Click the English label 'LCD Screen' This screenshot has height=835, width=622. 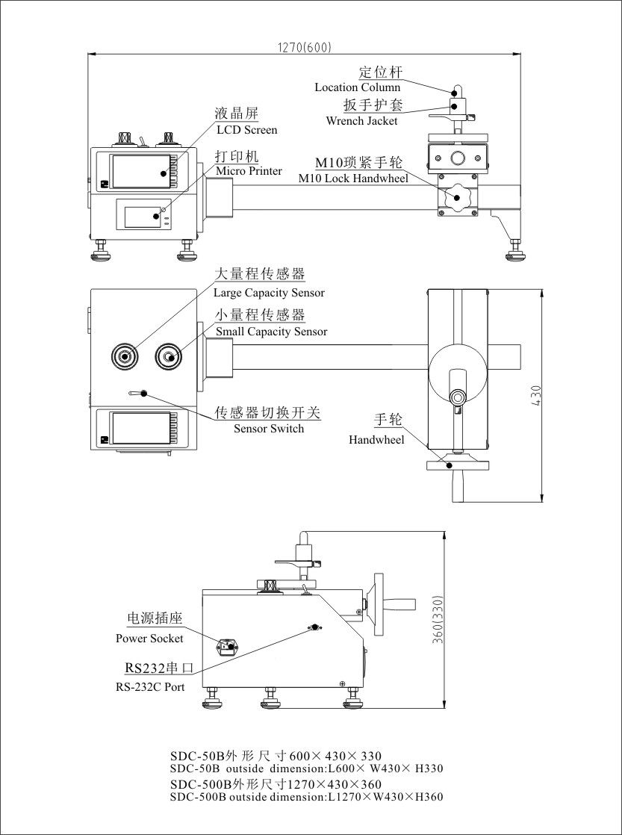click(246, 130)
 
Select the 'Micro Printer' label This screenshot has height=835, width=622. click(249, 171)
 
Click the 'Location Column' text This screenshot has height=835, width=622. click(357, 87)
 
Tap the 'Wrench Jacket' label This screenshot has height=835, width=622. click(362, 120)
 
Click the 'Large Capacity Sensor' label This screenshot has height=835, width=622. click(269, 293)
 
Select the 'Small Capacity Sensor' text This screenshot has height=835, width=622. click(271, 332)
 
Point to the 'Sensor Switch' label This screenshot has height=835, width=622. click(269, 429)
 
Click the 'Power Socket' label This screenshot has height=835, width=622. click(149, 639)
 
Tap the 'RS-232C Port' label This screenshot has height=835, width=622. click(150, 687)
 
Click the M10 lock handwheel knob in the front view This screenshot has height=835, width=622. click(455, 198)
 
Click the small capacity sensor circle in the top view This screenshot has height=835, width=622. click(170, 356)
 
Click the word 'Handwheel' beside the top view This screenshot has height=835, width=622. click(376, 440)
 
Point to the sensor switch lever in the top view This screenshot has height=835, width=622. click(137, 392)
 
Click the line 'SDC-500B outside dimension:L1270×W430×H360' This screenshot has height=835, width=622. click(306, 797)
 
